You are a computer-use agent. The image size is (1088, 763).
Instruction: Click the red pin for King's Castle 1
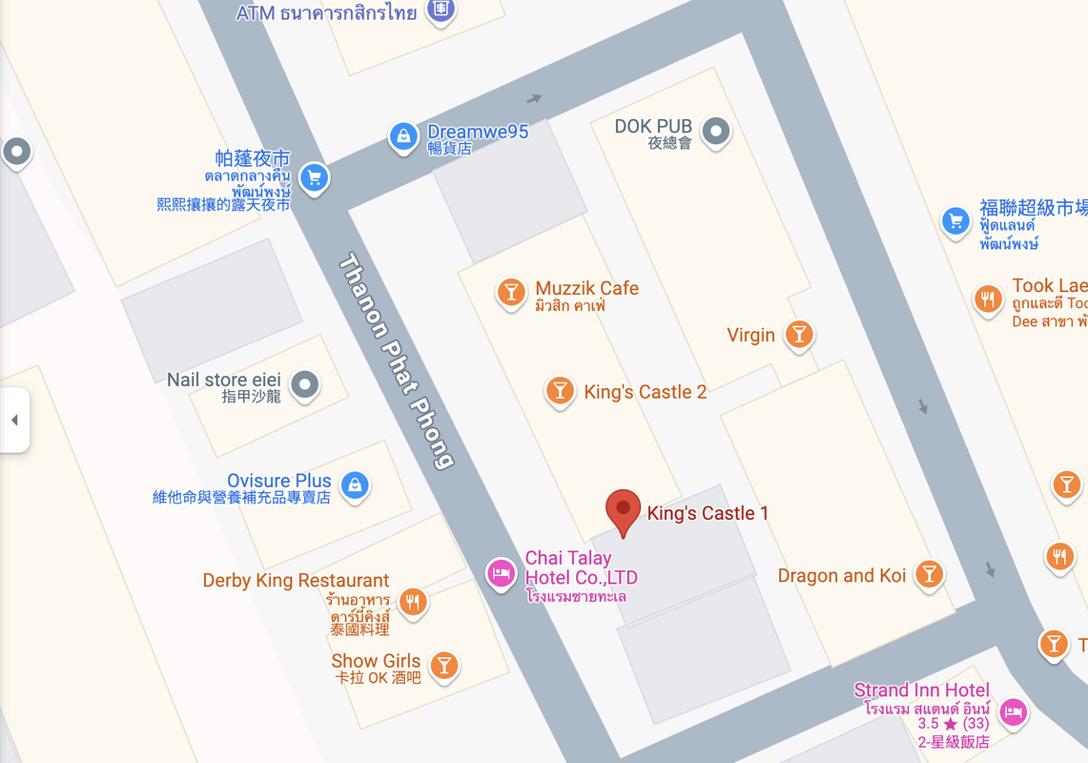tap(624, 510)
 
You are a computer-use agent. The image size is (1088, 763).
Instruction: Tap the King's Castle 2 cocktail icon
tap(560, 390)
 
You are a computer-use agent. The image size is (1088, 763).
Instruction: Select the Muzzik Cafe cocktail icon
tap(511, 291)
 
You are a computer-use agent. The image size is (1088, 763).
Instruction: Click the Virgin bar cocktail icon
tap(799, 334)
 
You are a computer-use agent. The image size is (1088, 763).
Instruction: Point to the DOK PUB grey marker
tap(715, 131)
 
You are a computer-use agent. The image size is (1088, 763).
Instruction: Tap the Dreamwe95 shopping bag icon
tap(403, 135)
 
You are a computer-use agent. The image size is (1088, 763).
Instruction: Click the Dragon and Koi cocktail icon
tap(929, 573)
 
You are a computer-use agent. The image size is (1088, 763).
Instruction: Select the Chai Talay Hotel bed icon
tap(501, 573)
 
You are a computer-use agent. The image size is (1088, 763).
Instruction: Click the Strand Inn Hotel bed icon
tap(1014, 711)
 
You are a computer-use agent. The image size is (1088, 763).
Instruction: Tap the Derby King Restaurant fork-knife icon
tap(413, 602)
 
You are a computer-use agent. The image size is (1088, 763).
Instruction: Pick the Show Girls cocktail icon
tap(443, 665)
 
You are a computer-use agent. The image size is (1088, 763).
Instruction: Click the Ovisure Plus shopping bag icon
tap(355, 485)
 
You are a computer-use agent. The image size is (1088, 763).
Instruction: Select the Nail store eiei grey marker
tap(305, 384)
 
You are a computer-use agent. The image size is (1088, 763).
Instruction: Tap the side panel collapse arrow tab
tap(14, 420)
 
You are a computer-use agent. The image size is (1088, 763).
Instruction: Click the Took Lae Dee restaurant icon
tap(988, 299)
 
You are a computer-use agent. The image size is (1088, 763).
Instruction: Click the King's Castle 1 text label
tap(708, 513)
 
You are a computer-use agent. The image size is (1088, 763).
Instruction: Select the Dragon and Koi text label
tap(842, 575)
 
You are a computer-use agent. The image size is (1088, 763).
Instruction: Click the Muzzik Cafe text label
tap(586, 288)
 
